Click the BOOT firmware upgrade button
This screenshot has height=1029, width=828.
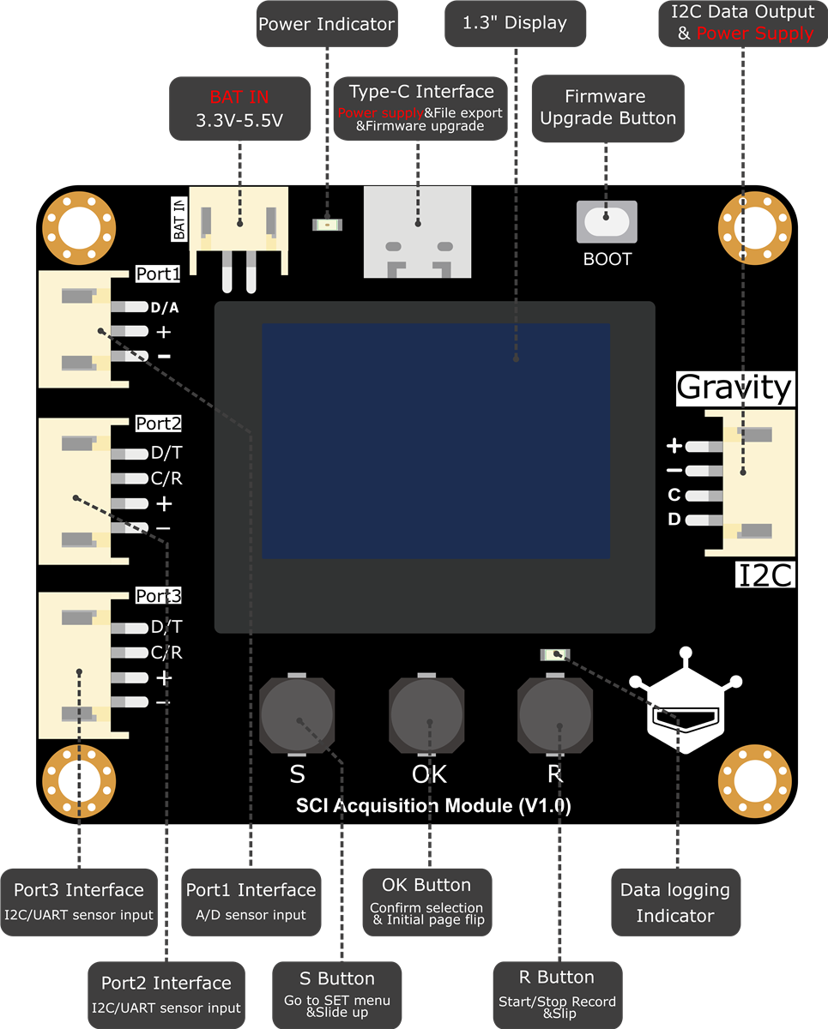pyautogui.click(x=607, y=222)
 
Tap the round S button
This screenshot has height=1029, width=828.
pyautogui.click(x=297, y=714)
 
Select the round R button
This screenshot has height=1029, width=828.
pyautogui.click(x=555, y=714)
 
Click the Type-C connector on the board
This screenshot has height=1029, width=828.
pyautogui.click(x=417, y=232)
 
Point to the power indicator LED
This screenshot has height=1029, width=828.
pyautogui.click(x=327, y=225)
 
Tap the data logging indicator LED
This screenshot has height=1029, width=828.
pyautogui.click(x=555, y=654)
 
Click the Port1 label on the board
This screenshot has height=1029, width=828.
pyautogui.click(x=158, y=274)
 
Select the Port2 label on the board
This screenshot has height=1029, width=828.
pyautogui.click(x=159, y=424)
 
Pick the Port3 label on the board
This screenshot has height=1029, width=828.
pyautogui.click(x=159, y=596)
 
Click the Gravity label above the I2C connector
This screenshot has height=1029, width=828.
pyautogui.click(x=735, y=388)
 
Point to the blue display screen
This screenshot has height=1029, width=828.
pyautogui.click(x=436, y=441)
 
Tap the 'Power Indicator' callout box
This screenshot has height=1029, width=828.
pyautogui.click(x=327, y=24)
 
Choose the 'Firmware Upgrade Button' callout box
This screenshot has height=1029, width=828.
pyautogui.click(x=607, y=108)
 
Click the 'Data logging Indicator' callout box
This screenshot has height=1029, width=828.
pyautogui.click(x=676, y=902)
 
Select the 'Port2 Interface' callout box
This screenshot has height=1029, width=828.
pyautogui.click(x=166, y=995)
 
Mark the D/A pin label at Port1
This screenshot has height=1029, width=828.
pyautogui.click(x=165, y=308)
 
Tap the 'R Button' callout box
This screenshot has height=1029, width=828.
pyautogui.click(x=558, y=995)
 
